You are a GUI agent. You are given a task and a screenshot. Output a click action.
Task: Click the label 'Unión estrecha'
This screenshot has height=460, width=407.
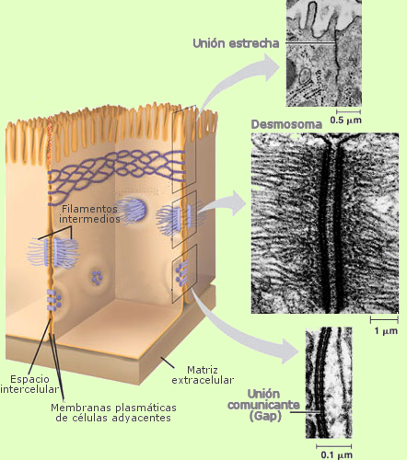coord(236,43)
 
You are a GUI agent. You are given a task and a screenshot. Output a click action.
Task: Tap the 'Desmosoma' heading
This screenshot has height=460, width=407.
coord(286,124)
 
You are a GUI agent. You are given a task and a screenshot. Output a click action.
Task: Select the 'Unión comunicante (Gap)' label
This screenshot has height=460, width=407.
coord(263,405)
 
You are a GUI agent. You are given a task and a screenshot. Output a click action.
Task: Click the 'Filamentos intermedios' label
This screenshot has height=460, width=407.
coord(89,213)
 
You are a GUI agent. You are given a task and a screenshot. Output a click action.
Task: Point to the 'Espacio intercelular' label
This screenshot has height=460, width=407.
coord(29,384)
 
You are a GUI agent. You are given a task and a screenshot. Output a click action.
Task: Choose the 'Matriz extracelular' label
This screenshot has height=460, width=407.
coord(203,374)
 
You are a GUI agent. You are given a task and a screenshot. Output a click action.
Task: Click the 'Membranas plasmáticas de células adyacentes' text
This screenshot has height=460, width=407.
coord(113,412)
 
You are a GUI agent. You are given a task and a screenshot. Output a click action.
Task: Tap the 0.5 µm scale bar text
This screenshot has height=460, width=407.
coord(346,120)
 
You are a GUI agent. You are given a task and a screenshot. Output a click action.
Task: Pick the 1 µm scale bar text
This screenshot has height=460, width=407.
coord(386,330)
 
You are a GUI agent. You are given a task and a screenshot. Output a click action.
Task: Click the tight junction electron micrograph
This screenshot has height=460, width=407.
coord(324,53)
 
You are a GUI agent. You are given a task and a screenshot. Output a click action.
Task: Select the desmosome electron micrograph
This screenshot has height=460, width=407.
coord(325,224)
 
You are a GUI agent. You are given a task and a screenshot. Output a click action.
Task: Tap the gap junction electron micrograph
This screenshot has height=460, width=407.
coord(329,383)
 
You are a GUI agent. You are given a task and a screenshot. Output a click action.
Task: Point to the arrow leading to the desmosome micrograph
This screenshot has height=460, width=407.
coord(223,205)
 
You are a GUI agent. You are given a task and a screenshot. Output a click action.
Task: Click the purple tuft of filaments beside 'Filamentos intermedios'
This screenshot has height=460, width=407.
coord(132,210)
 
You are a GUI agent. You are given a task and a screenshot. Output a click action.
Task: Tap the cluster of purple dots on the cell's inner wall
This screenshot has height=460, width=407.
coord(97,277)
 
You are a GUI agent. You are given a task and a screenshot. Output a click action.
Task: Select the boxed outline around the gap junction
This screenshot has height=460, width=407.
coord(184,273)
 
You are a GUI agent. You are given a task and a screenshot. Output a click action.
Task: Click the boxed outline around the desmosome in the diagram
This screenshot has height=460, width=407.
coord(184,219)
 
